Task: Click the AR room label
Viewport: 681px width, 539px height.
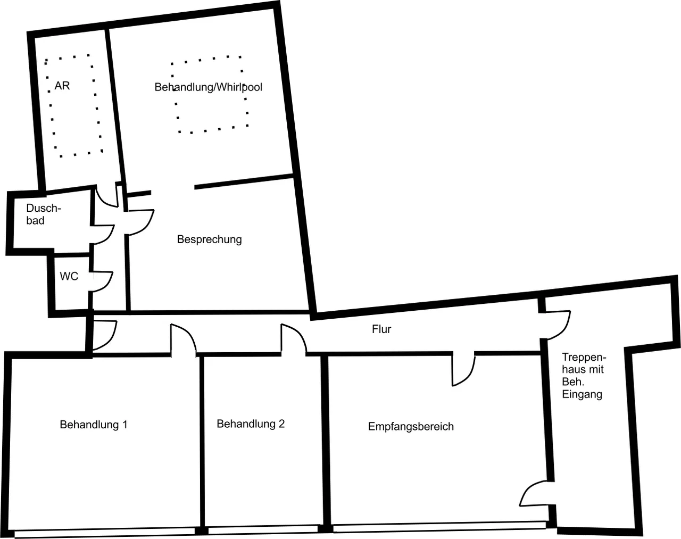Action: click(62, 86)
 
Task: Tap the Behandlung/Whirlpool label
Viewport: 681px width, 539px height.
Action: click(208, 87)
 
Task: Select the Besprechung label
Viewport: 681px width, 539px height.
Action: click(209, 239)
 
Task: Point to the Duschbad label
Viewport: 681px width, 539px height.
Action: click(43, 214)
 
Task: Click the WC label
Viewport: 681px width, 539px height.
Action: click(69, 276)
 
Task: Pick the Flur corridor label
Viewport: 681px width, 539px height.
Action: click(381, 329)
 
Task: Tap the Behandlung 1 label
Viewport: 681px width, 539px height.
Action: click(94, 425)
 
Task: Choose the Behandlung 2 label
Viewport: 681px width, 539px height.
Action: click(251, 424)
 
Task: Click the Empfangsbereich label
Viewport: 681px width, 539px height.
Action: click(411, 427)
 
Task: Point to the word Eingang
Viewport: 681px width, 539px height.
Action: click(582, 395)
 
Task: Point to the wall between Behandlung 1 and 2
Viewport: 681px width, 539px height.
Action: click(202, 443)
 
